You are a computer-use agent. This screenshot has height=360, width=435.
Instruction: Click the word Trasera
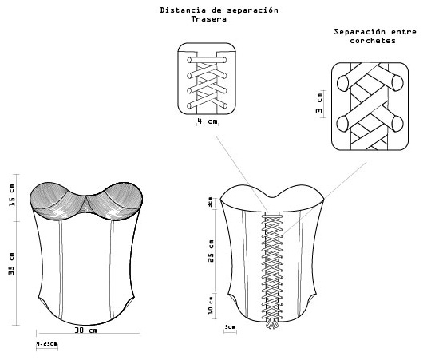(x=209, y=19)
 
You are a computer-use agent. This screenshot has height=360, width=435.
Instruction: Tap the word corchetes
(x=373, y=41)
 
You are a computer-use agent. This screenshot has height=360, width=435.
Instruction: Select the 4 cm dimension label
(x=208, y=121)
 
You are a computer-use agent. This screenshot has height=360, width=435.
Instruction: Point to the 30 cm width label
(x=86, y=330)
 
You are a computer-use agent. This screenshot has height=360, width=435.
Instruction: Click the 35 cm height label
(x=11, y=263)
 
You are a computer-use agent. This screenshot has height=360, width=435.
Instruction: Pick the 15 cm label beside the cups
(x=12, y=196)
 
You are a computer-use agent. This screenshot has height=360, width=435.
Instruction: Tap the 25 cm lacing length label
(x=211, y=251)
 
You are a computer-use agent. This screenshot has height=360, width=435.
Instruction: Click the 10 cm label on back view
(x=211, y=306)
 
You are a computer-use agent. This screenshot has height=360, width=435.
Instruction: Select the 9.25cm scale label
(x=46, y=343)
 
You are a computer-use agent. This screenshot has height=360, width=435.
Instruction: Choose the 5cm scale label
(x=230, y=327)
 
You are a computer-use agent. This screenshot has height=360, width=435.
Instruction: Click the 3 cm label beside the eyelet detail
(x=319, y=103)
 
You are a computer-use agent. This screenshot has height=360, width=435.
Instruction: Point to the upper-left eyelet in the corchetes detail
(x=343, y=83)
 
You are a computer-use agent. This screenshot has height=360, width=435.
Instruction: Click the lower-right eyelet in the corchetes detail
(x=397, y=124)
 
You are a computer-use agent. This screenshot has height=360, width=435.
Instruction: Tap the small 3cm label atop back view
(x=210, y=202)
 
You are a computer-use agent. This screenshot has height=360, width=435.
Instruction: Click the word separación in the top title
(x=252, y=10)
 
